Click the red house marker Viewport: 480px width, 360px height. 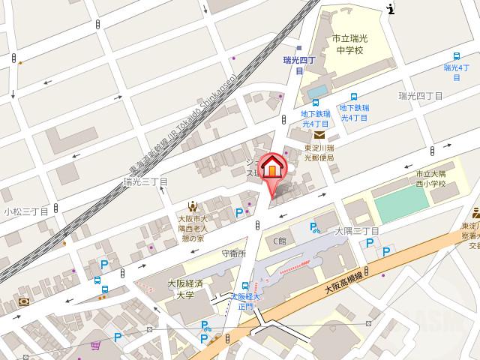(272, 166)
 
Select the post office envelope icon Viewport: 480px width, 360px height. (320, 135)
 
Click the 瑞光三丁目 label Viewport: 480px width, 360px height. (145, 182)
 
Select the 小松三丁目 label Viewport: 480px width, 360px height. (25, 212)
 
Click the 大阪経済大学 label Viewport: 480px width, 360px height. (180, 289)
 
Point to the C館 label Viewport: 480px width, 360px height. (279, 241)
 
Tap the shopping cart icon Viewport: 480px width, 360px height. (95, 346)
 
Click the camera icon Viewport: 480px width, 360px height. (25, 301)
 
